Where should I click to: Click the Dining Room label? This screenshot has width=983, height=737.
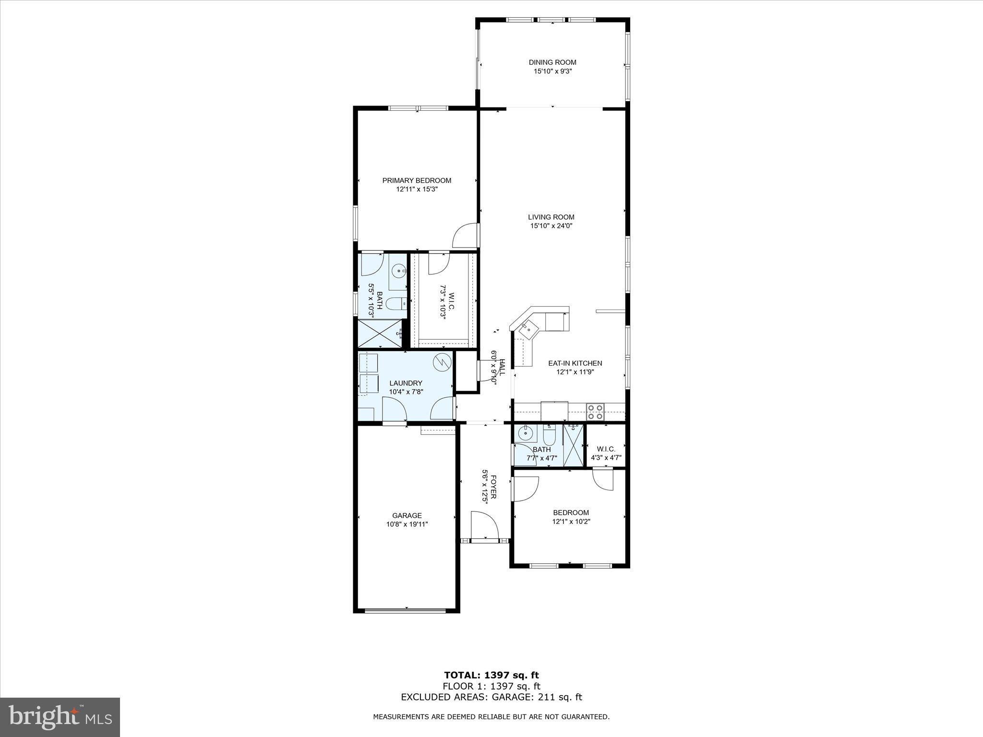[552, 62]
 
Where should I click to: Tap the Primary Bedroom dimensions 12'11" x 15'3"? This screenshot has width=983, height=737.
[417, 190]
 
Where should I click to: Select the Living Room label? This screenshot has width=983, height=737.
[551, 217]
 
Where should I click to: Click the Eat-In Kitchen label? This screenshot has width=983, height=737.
[575, 363]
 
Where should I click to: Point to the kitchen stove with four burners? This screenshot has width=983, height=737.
[596, 409]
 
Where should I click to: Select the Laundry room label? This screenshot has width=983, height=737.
[406, 383]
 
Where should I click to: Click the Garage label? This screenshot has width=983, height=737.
[407, 515]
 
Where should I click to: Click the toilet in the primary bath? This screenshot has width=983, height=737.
[396, 303]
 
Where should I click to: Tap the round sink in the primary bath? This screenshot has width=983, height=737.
[398, 272]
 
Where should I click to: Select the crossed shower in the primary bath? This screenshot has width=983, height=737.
[380, 333]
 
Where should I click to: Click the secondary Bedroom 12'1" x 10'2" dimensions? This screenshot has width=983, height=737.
[571, 521]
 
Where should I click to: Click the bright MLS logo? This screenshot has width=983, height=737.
[60, 717]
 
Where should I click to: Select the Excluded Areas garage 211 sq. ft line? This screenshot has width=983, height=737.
[491, 697]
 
